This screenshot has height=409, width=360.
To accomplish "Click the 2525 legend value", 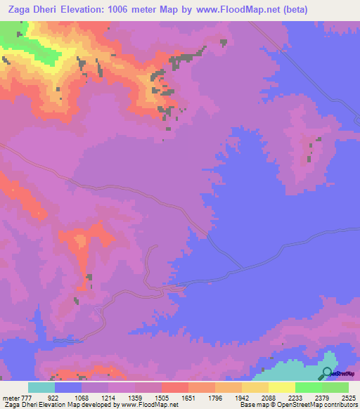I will (350, 397).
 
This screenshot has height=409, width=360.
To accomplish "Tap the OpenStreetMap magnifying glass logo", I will (327, 374).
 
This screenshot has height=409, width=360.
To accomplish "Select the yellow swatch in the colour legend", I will (281, 387).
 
